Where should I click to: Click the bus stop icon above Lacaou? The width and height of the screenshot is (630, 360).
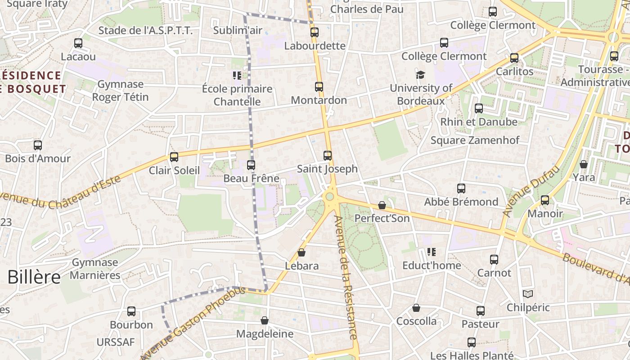tap(78, 43)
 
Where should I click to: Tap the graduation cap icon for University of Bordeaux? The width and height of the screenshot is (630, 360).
tap(420, 75)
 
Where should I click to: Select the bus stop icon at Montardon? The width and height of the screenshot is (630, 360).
tap(319, 87)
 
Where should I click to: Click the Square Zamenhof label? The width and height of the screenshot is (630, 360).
tap(475, 140)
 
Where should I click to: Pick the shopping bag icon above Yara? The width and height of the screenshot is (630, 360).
tap(584, 164)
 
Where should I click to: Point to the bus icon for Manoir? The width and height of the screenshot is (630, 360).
tap(545, 200)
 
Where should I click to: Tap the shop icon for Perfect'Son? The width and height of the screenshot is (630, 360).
tap(382, 205)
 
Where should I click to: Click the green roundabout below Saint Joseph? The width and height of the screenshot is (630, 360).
tap(330, 196)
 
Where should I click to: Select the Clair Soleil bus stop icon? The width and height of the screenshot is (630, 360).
tap(174, 157)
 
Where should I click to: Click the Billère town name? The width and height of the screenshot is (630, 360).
tap(34, 277)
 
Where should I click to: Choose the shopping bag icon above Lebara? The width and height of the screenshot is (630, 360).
tap(301, 253)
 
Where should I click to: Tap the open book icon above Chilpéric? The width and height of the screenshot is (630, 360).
tap(528, 294)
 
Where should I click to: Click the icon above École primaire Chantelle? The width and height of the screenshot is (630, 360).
tap(237, 75)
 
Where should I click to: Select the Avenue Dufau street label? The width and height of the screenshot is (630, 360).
tap(531, 191)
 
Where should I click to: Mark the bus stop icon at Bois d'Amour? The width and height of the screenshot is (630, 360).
tap(38, 145)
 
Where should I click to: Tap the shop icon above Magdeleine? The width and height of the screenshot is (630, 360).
tap(265, 320)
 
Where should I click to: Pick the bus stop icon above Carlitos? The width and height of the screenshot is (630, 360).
tap(514, 58)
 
